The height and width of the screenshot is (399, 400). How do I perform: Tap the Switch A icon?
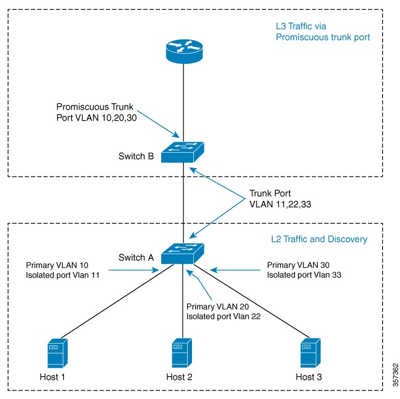[x=183, y=252]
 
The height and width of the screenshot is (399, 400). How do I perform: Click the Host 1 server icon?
[x=57, y=353]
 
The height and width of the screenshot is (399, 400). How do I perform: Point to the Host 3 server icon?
[x=310, y=353]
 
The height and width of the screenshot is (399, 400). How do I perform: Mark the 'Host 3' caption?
[x=309, y=376]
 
